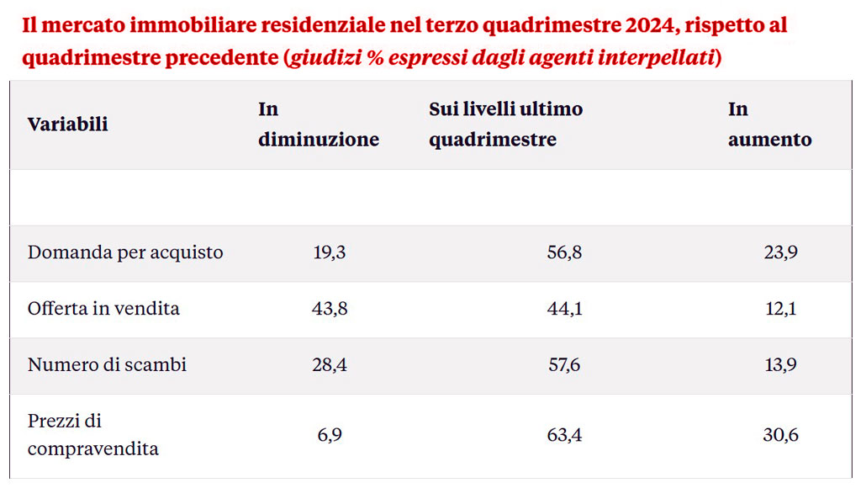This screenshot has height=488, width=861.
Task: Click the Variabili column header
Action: (x=68, y=125)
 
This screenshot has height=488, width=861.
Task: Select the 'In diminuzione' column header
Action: (x=319, y=125)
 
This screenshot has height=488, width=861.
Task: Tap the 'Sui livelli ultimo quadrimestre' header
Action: (x=505, y=125)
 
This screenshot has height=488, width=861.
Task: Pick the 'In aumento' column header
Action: (x=769, y=125)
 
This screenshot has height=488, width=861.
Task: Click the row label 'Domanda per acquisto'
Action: (x=125, y=252)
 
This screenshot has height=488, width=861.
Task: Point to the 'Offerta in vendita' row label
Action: (x=103, y=309)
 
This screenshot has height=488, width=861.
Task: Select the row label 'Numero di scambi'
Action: (x=107, y=365)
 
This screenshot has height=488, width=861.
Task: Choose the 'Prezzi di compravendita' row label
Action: (x=92, y=434)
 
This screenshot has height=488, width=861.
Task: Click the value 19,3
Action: (x=329, y=252)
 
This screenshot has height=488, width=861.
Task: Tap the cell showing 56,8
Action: (x=564, y=252)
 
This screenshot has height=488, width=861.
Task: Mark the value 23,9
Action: (x=781, y=252)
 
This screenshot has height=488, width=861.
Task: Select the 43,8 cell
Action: (x=330, y=309)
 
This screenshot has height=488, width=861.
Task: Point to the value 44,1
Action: (x=564, y=309)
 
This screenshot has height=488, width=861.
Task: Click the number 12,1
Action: (x=781, y=309)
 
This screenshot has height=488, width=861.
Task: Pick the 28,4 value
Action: (x=330, y=365)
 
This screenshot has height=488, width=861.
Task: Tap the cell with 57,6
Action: (x=564, y=365)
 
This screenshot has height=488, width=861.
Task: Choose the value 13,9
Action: (x=781, y=365)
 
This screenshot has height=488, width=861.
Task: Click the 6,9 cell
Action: (x=330, y=435)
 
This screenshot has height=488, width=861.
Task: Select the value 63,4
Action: (x=564, y=435)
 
